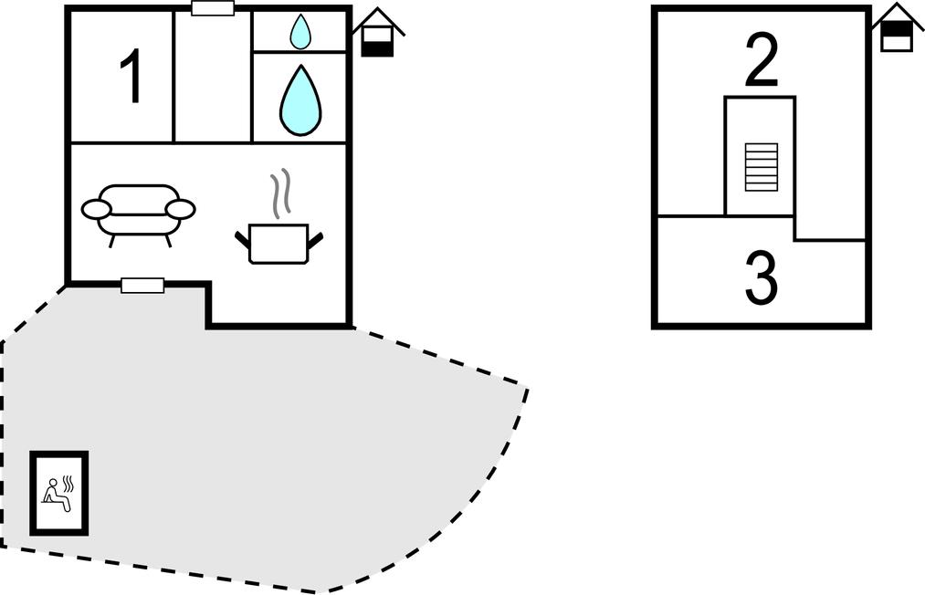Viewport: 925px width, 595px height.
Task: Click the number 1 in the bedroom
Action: click(x=132, y=78)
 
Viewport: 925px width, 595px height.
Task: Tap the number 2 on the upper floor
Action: click(x=762, y=61)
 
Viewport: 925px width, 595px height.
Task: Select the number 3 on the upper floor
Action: click(x=761, y=278)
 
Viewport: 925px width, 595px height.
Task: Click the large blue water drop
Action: click(x=300, y=100)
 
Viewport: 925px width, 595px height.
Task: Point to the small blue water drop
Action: click(x=300, y=32)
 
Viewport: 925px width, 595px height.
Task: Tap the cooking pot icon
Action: click(x=279, y=244)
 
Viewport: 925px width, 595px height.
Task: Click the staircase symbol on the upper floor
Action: click(x=761, y=167)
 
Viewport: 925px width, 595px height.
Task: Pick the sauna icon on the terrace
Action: click(x=59, y=493)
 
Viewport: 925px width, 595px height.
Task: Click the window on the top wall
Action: click(x=213, y=9)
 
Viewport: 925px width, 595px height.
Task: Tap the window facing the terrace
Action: click(x=142, y=286)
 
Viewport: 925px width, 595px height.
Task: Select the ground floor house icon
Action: click(x=377, y=35)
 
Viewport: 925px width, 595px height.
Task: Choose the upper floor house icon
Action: click(x=897, y=29)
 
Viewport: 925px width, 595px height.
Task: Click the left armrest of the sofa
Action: click(x=96, y=210)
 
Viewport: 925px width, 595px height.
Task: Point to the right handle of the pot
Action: click(x=316, y=240)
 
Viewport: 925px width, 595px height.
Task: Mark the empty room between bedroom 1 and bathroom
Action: click(x=213, y=78)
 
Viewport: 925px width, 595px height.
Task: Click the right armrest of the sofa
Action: click(x=181, y=210)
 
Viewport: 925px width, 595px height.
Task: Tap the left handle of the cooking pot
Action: click(x=242, y=240)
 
